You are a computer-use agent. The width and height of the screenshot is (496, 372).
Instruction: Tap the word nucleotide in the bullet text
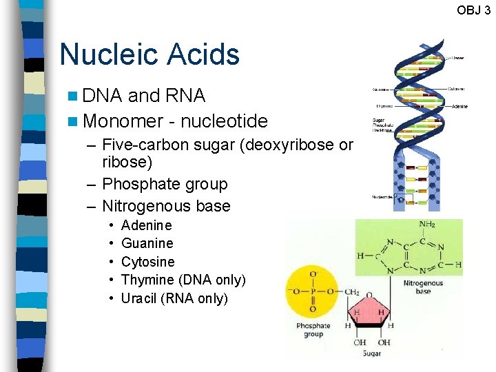coord(224,121)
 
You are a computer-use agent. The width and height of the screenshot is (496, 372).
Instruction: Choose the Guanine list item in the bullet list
coord(147,243)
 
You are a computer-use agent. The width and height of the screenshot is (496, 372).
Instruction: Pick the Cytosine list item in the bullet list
coord(147,262)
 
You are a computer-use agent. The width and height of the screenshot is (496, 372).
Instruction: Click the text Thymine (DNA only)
coord(183,280)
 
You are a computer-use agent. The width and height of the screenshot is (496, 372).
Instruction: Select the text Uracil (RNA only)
coord(174,298)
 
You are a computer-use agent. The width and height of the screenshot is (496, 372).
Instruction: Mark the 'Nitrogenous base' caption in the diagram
coord(423,287)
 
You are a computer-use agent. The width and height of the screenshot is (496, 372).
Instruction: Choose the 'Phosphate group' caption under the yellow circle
coord(313,330)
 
